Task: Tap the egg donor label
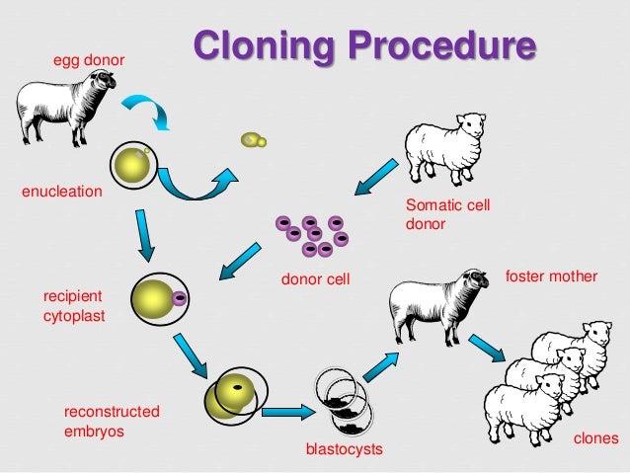89,61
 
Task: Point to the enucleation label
62,191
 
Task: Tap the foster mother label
551,276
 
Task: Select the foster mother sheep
439,301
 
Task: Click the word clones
595,437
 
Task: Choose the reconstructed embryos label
112,421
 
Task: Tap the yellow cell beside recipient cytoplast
156,297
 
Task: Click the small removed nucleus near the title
254,141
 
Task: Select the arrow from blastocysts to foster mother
378,365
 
